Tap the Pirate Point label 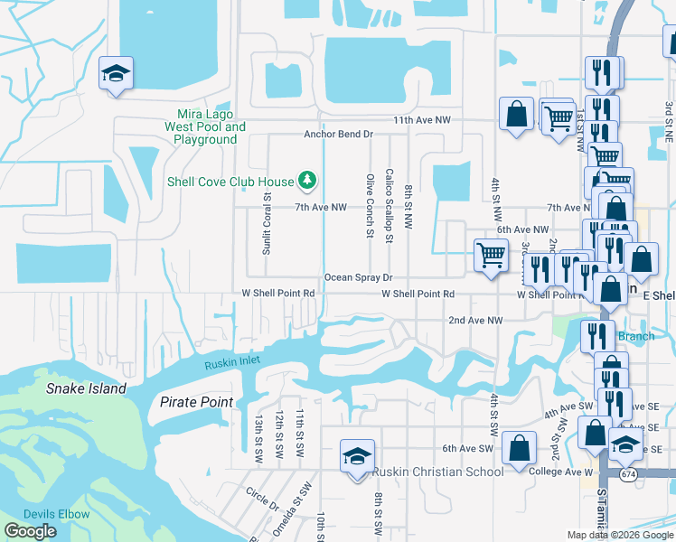[x=196, y=402]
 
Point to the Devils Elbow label [x=56, y=514]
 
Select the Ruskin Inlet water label [x=231, y=363]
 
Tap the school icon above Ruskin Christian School [x=357, y=454]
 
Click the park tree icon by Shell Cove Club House [x=307, y=181]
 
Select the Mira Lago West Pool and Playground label [x=205, y=127]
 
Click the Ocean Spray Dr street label [x=358, y=277]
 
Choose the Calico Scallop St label [x=389, y=205]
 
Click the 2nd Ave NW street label [x=475, y=321]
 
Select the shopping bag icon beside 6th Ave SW [x=520, y=447]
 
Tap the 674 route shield [x=628, y=472]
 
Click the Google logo [x=31, y=531]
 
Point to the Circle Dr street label [x=262, y=500]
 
